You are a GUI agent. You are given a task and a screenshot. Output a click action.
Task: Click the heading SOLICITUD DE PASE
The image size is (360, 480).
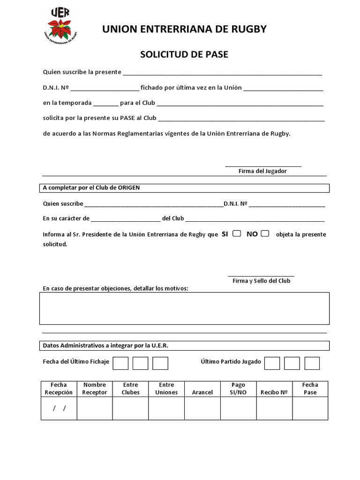184,54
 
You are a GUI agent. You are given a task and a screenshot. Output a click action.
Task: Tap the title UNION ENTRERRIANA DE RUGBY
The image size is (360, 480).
184,29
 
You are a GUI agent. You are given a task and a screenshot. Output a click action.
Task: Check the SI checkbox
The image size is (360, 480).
237,233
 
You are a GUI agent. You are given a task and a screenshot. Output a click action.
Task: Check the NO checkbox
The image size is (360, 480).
265,233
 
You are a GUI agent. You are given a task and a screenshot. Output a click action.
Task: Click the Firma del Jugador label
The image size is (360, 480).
262,171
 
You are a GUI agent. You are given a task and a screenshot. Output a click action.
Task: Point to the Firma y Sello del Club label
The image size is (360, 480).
262,281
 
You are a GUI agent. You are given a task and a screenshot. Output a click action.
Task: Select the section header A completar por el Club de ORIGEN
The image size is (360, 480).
91,187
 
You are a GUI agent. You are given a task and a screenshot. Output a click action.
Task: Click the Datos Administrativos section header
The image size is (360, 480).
105,345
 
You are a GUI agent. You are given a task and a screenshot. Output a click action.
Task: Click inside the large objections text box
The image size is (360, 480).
184,308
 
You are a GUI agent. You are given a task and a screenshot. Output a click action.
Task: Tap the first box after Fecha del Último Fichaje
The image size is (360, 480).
120,363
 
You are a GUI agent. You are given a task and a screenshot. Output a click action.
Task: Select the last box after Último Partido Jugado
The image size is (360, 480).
312,363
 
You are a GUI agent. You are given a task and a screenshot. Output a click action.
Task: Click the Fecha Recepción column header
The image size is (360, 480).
59,389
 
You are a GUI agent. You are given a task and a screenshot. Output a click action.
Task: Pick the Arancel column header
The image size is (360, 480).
202,392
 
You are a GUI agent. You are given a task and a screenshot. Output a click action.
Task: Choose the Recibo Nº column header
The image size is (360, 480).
274,392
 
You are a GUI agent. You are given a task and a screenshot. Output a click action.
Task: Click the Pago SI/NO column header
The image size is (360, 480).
238,389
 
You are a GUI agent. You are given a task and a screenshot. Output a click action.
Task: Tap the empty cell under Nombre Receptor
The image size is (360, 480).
95,408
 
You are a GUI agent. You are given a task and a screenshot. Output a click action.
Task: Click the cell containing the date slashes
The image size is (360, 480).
59,408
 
